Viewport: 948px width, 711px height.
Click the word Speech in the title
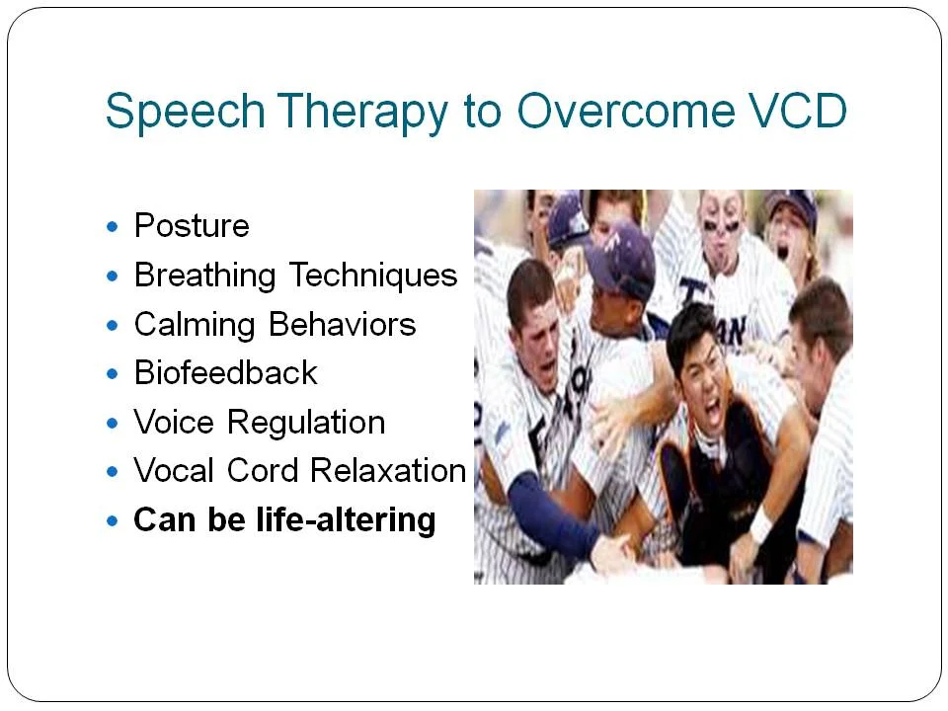(x=186, y=111)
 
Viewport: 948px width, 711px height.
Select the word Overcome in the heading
(x=626, y=111)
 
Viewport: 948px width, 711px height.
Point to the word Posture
(x=192, y=225)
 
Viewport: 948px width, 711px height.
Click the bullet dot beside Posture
(x=112, y=227)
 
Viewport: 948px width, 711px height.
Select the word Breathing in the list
(x=205, y=276)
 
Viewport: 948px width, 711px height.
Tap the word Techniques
(x=373, y=276)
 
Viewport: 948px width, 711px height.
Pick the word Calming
(x=195, y=325)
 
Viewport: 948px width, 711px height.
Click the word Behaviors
(x=343, y=324)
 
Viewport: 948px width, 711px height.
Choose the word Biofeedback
(x=225, y=372)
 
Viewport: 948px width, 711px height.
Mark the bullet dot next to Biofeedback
(x=112, y=374)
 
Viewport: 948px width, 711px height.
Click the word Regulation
(x=306, y=423)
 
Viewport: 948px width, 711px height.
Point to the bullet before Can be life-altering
(x=112, y=520)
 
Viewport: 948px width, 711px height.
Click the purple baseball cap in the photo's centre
(x=620, y=257)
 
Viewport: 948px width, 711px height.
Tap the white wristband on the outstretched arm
(x=760, y=524)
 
